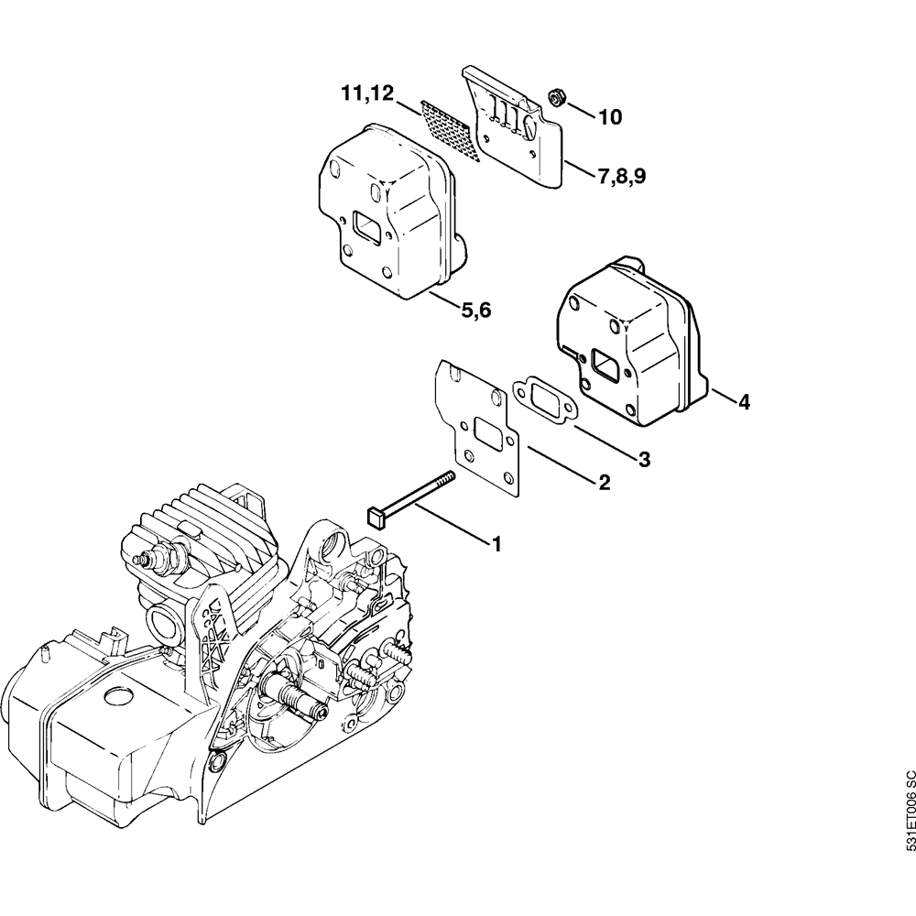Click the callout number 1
coord(496,544)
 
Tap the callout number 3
coord(644,459)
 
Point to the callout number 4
coord(744,401)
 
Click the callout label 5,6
coord(476,311)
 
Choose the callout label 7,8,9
coord(622,177)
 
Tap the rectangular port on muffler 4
coord(607,364)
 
